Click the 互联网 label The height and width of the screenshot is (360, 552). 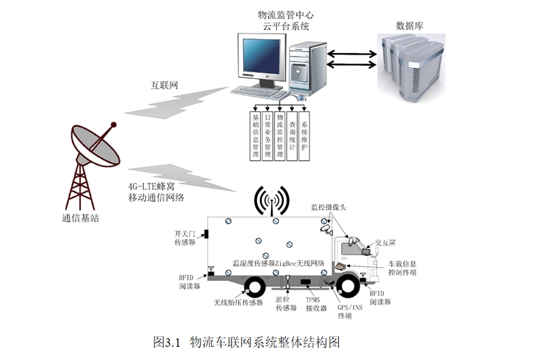coord(165,85)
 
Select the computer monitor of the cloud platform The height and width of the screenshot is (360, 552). coord(263,60)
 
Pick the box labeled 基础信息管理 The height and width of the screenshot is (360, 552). coord(256,132)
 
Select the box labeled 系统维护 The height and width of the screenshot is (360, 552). coord(304,132)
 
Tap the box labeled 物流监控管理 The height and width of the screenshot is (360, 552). coord(279,132)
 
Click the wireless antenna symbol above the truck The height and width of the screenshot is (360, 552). coord(271,200)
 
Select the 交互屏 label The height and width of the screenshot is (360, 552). coord(386,242)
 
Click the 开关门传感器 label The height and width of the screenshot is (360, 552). coord(187,238)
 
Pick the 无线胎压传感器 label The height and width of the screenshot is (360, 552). coord(238,303)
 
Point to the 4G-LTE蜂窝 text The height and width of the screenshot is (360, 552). coord(155,187)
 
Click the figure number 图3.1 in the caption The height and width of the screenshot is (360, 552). coord(167,342)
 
